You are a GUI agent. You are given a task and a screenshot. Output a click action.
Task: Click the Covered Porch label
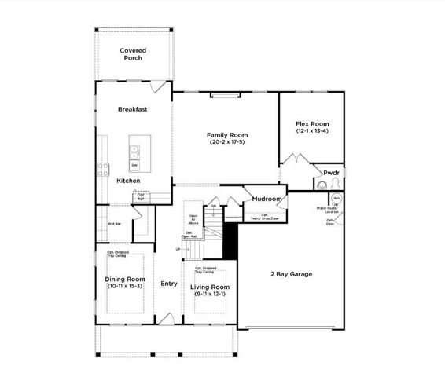click(133, 54)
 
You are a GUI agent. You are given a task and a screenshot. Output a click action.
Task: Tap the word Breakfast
click(133, 109)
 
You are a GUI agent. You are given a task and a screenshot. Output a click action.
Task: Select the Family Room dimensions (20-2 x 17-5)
click(226, 141)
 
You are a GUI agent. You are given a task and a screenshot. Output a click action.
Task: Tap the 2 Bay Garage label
click(291, 274)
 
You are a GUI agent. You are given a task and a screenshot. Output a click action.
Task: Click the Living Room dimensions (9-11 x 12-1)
click(210, 295)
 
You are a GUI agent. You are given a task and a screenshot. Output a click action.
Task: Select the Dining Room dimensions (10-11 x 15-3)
click(126, 286)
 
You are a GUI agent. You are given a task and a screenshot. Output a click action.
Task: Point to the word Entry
click(168, 284)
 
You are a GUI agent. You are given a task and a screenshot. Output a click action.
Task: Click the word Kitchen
click(128, 181)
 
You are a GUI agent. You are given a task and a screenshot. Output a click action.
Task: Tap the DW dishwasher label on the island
click(134, 165)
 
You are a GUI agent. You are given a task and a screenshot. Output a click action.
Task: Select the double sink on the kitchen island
click(134, 149)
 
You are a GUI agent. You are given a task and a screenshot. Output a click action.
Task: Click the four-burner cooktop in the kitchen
click(101, 167)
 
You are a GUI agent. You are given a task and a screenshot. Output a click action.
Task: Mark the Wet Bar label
click(113, 224)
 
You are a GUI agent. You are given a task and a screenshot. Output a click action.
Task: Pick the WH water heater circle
click(336, 199)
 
